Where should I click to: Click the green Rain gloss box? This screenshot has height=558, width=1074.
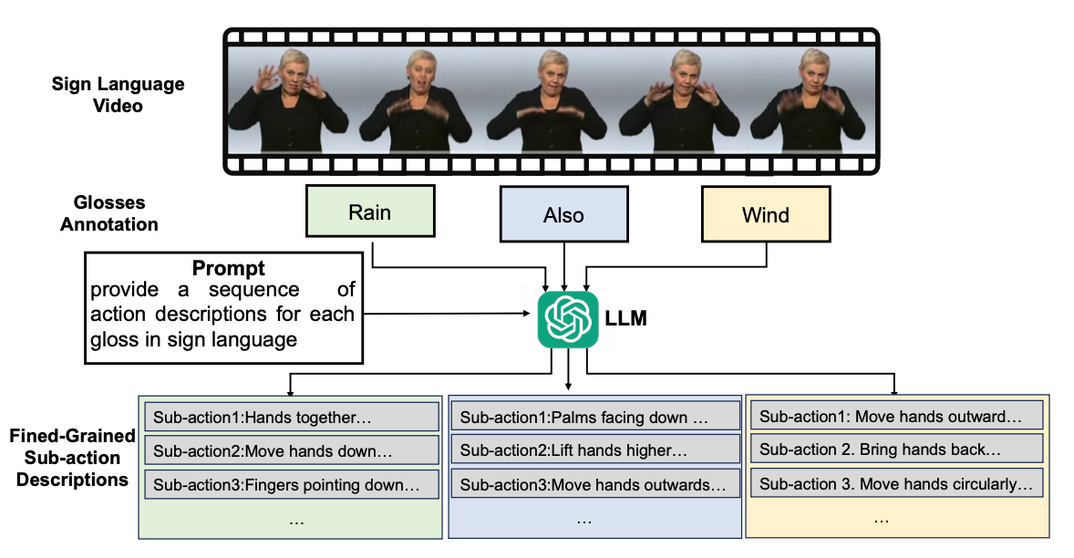point(369,212)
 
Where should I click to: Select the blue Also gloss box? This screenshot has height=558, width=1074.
point(563,216)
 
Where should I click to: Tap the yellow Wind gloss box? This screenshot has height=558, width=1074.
point(766,215)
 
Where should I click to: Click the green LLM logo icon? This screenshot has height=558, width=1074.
point(568,320)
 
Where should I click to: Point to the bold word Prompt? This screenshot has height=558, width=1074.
point(229,269)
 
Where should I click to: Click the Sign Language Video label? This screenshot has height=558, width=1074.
point(119,95)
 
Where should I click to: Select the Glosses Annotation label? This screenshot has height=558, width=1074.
point(109,212)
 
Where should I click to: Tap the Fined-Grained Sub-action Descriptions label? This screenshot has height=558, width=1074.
point(73,458)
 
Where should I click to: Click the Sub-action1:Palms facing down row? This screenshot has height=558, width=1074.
point(594,417)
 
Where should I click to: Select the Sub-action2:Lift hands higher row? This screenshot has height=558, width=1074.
point(594,450)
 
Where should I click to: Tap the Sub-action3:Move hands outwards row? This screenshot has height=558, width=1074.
point(594,484)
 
